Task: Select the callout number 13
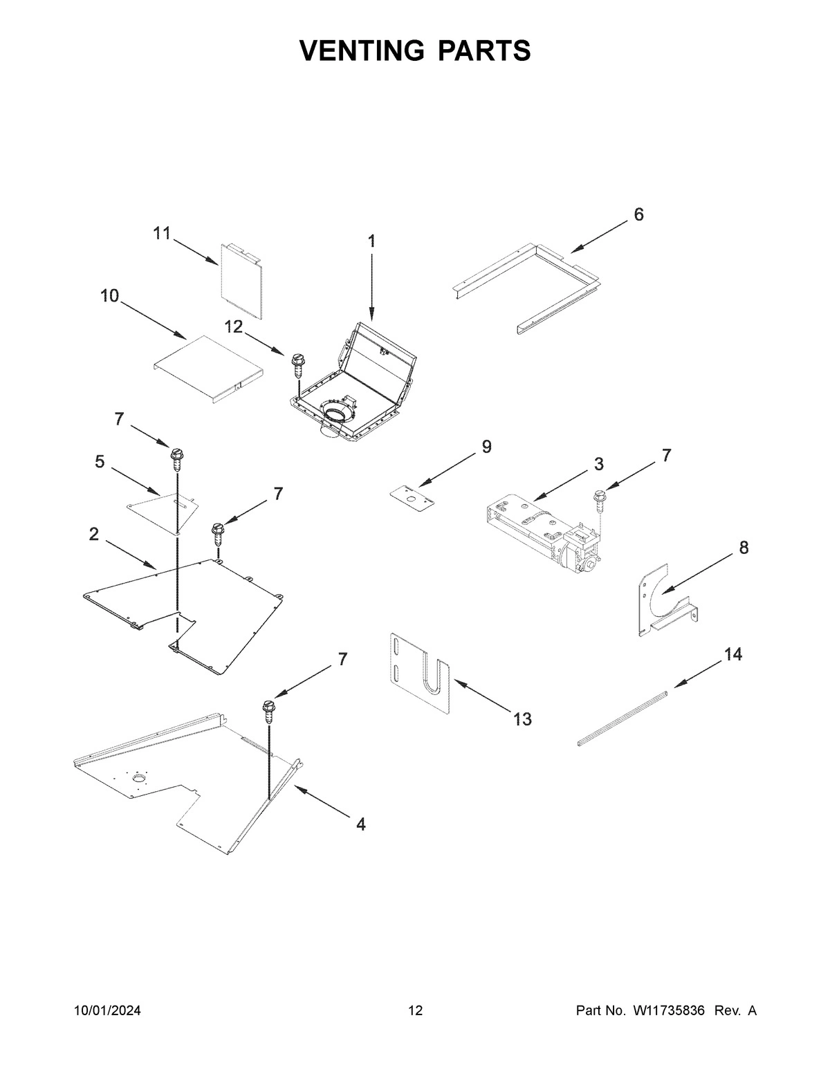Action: coord(522,719)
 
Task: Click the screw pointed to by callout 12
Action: coord(299,364)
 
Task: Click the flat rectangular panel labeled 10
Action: coord(207,367)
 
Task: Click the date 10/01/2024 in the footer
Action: coord(107,1011)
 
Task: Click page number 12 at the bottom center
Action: coord(415,1011)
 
